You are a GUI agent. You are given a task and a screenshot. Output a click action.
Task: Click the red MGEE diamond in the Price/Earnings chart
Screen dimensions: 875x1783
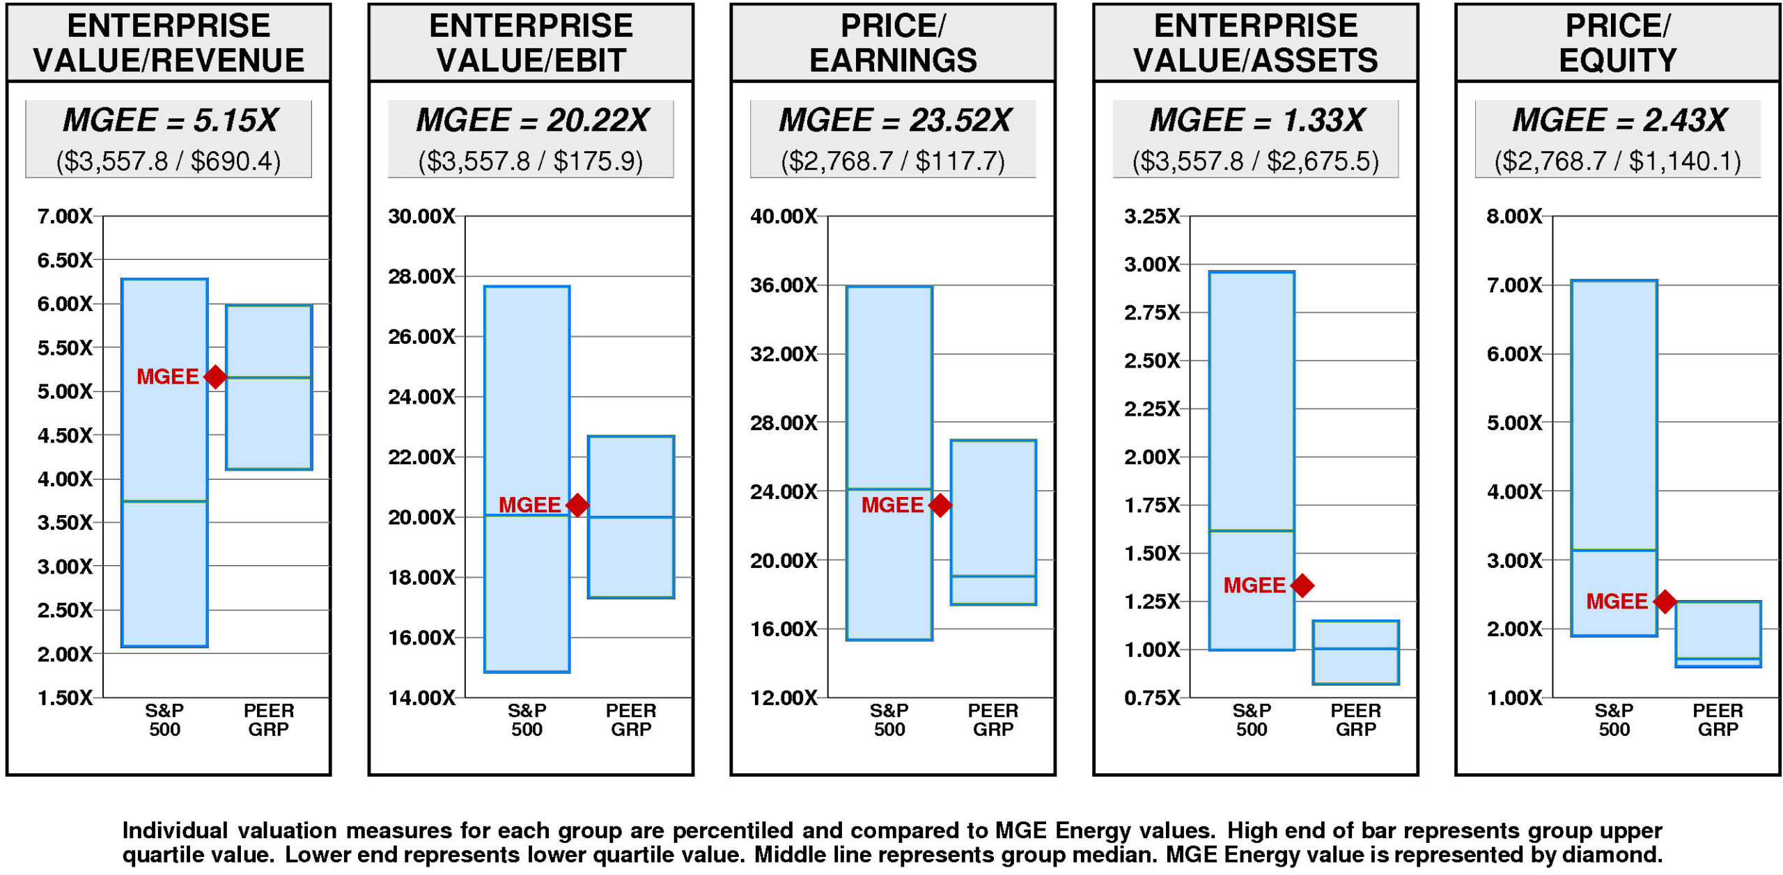pyautogui.click(x=940, y=505)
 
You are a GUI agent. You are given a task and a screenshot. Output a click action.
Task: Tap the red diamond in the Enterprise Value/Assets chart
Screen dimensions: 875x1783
pyautogui.click(x=1302, y=585)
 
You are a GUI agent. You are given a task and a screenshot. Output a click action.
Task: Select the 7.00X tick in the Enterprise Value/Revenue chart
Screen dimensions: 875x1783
pyautogui.click(x=65, y=216)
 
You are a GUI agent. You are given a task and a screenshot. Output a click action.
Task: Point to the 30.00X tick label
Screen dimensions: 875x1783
pyautogui.click(x=421, y=216)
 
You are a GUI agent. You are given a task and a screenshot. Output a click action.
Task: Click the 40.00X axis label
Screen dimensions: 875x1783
pyautogui.click(x=784, y=216)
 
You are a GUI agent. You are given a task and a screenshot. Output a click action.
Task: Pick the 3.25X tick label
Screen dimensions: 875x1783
pyautogui.click(x=1152, y=216)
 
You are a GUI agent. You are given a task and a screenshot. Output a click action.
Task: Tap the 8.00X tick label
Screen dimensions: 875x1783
pyautogui.click(x=1514, y=216)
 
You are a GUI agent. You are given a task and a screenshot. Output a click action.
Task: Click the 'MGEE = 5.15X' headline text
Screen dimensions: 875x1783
pyautogui.click(x=170, y=120)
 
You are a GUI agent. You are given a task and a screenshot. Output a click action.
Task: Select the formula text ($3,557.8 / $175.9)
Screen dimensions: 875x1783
pyautogui.click(x=531, y=161)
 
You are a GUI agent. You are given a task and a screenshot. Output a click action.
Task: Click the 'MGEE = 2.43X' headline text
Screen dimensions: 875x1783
pyautogui.click(x=1619, y=120)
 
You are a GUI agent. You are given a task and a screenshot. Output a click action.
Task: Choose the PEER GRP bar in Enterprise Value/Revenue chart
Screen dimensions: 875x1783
pyautogui.click(x=269, y=387)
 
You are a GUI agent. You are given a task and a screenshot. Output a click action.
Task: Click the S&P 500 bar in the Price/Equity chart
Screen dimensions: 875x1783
pyautogui.click(x=1614, y=457)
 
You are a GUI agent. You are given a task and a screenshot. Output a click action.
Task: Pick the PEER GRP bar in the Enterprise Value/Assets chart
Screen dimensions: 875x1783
pyautogui.click(x=1355, y=652)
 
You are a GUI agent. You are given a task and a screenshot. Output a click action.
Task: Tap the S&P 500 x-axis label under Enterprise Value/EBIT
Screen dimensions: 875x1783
pyautogui.click(x=527, y=720)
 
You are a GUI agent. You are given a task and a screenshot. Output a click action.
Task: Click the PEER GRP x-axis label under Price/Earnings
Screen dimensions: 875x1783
pyautogui.click(x=993, y=720)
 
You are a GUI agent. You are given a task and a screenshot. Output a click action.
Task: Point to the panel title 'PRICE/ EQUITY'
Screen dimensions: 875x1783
pyautogui.click(x=1617, y=43)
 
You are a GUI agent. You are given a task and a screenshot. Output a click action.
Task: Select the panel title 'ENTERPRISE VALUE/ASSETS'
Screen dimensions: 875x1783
pyautogui.click(x=1256, y=43)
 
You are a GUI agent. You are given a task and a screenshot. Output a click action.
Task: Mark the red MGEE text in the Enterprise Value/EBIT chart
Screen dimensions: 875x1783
pyautogui.click(x=529, y=505)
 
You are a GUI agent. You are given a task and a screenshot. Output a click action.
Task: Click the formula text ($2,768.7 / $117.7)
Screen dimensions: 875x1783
pyautogui.click(x=893, y=161)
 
